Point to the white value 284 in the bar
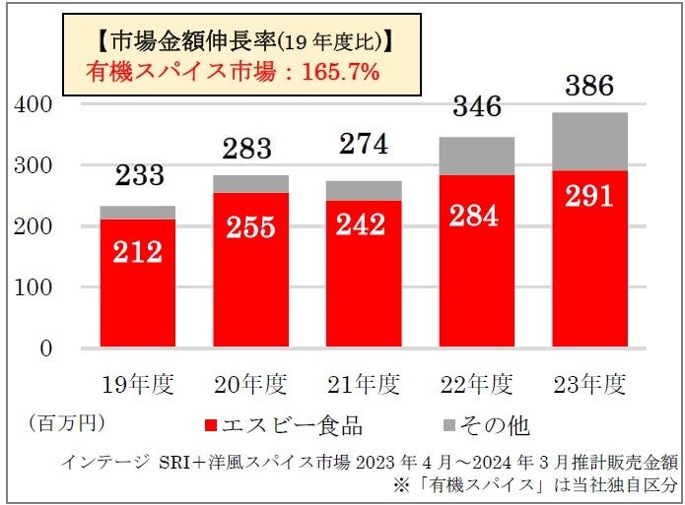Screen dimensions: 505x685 point(475,216)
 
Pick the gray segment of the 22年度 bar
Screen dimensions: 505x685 point(475,156)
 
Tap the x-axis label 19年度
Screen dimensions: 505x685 point(137,383)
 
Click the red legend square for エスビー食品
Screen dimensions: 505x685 point(212,426)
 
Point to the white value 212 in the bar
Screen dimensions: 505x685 point(137,251)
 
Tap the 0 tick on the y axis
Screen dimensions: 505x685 point(45,348)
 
